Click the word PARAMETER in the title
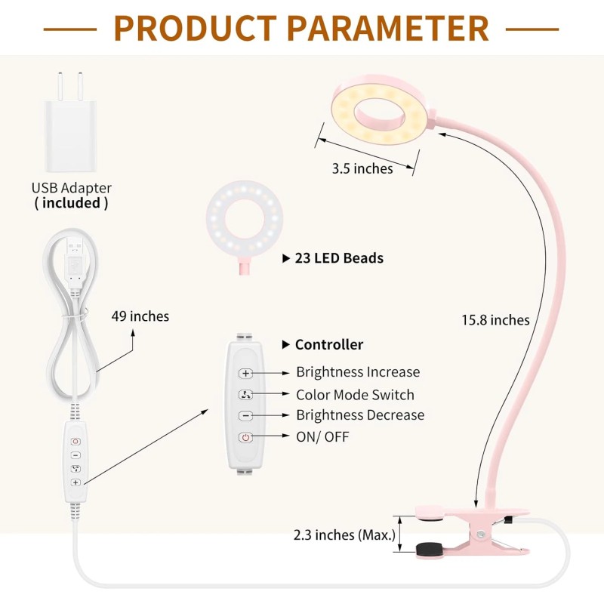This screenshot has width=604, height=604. (x=385, y=28)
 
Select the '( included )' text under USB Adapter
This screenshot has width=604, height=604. (x=71, y=203)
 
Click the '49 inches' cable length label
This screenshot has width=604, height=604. (x=140, y=316)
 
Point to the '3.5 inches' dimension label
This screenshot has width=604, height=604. (x=362, y=169)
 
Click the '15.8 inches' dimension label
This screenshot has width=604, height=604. (x=495, y=320)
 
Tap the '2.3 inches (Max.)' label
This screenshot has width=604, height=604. (x=344, y=535)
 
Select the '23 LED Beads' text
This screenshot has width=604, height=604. (x=339, y=258)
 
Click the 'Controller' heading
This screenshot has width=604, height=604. (x=328, y=345)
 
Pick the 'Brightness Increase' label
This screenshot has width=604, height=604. (x=357, y=372)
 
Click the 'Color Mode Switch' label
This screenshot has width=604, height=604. (x=355, y=395)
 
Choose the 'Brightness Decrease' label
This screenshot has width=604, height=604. (x=359, y=415)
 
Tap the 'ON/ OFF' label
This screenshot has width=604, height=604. (x=322, y=436)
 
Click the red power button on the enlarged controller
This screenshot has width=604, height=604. (x=245, y=437)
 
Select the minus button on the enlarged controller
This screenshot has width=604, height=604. (x=245, y=416)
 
